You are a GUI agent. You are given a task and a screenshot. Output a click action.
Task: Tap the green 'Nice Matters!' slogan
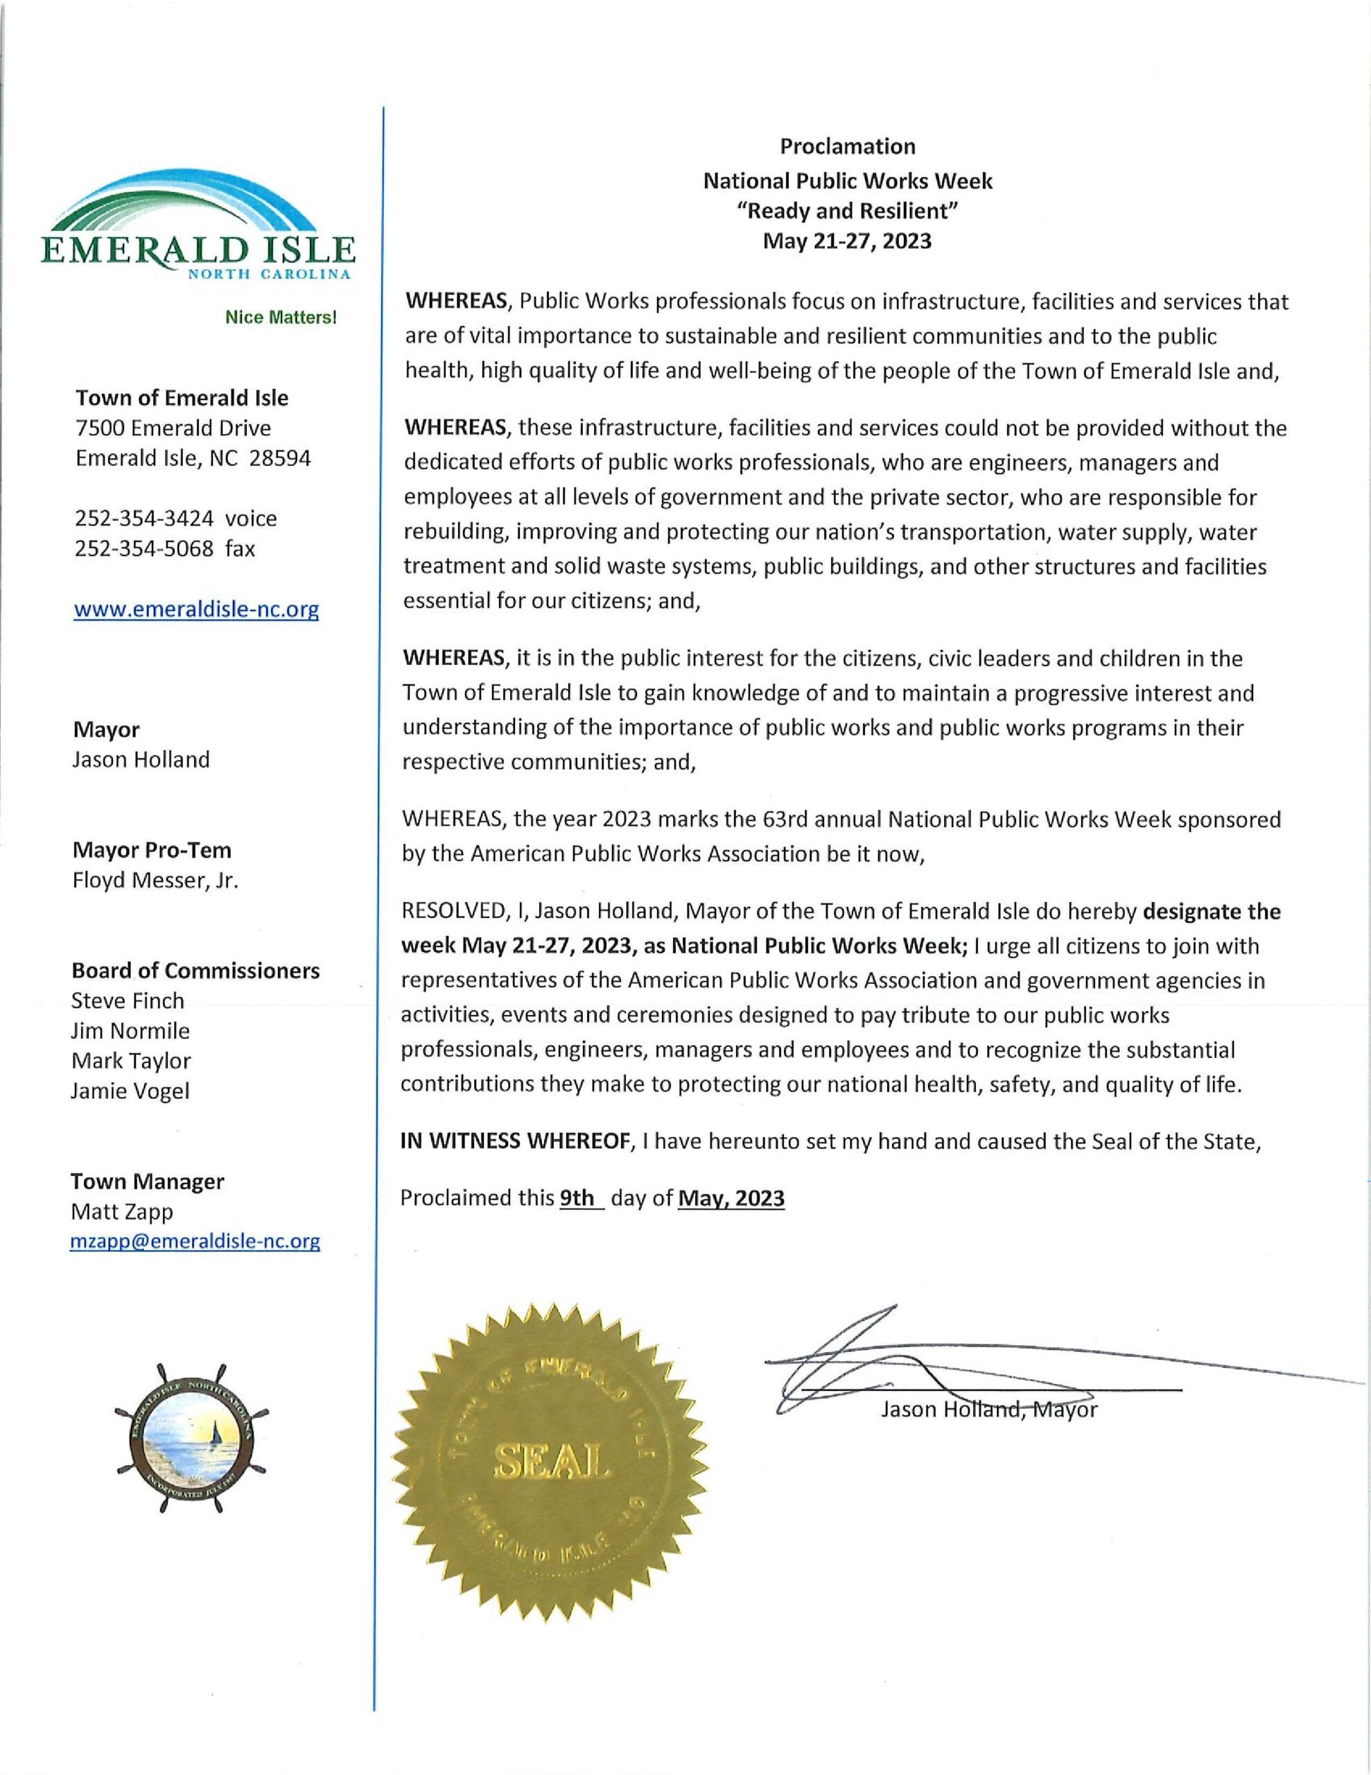point(281,317)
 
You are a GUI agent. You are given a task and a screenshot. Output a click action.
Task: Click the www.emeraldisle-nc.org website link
point(196,609)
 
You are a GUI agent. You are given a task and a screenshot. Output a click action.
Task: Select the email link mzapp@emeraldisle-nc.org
point(195,1241)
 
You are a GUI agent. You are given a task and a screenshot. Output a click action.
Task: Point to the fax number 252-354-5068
point(145,548)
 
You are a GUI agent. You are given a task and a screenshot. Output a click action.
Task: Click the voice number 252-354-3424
point(145,518)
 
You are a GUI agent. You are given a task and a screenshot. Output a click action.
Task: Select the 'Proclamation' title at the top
point(848,146)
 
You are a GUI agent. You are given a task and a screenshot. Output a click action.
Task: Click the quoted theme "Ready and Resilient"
point(848,211)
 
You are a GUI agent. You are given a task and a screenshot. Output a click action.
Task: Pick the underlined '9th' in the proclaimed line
point(578,1198)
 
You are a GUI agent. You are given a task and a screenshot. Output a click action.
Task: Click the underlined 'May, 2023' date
point(731,1198)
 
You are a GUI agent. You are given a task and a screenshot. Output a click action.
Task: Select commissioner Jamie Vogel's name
point(130,1091)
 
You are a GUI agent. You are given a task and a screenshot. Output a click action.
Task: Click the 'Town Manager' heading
point(148,1180)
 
